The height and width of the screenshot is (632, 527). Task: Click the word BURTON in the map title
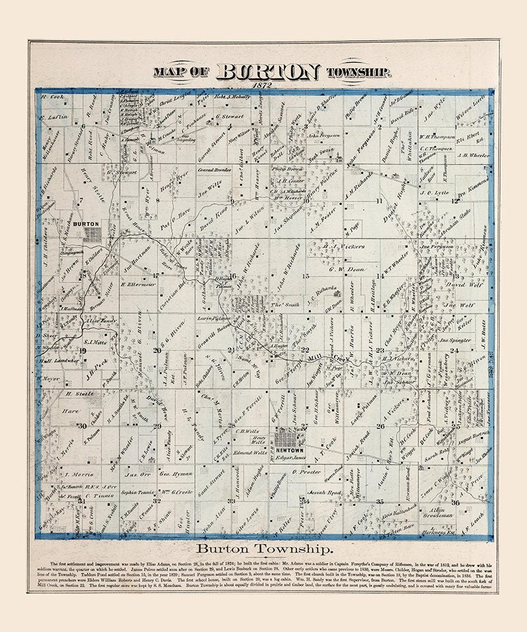pyautogui.click(x=267, y=72)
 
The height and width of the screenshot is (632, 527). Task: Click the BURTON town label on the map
pyautogui.click(x=87, y=224)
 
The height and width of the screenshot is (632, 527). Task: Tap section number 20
pyautogui.click(x=157, y=350)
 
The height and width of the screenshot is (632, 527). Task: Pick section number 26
pyautogui.click(x=380, y=427)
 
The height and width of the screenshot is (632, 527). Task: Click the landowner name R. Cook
pyautogui.click(x=51, y=97)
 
